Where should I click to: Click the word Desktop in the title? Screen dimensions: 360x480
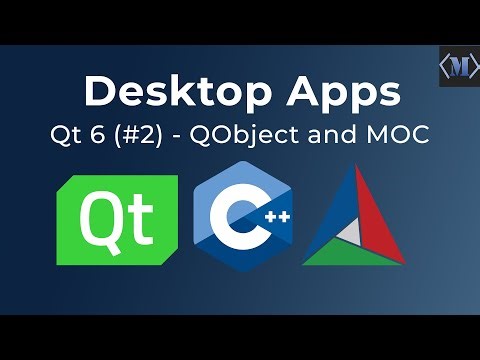pyautogui.click(x=160, y=92)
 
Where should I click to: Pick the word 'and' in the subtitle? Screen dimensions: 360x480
pyautogui.click(x=352, y=137)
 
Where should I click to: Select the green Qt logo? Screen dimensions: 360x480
pyautogui.click(x=117, y=220)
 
